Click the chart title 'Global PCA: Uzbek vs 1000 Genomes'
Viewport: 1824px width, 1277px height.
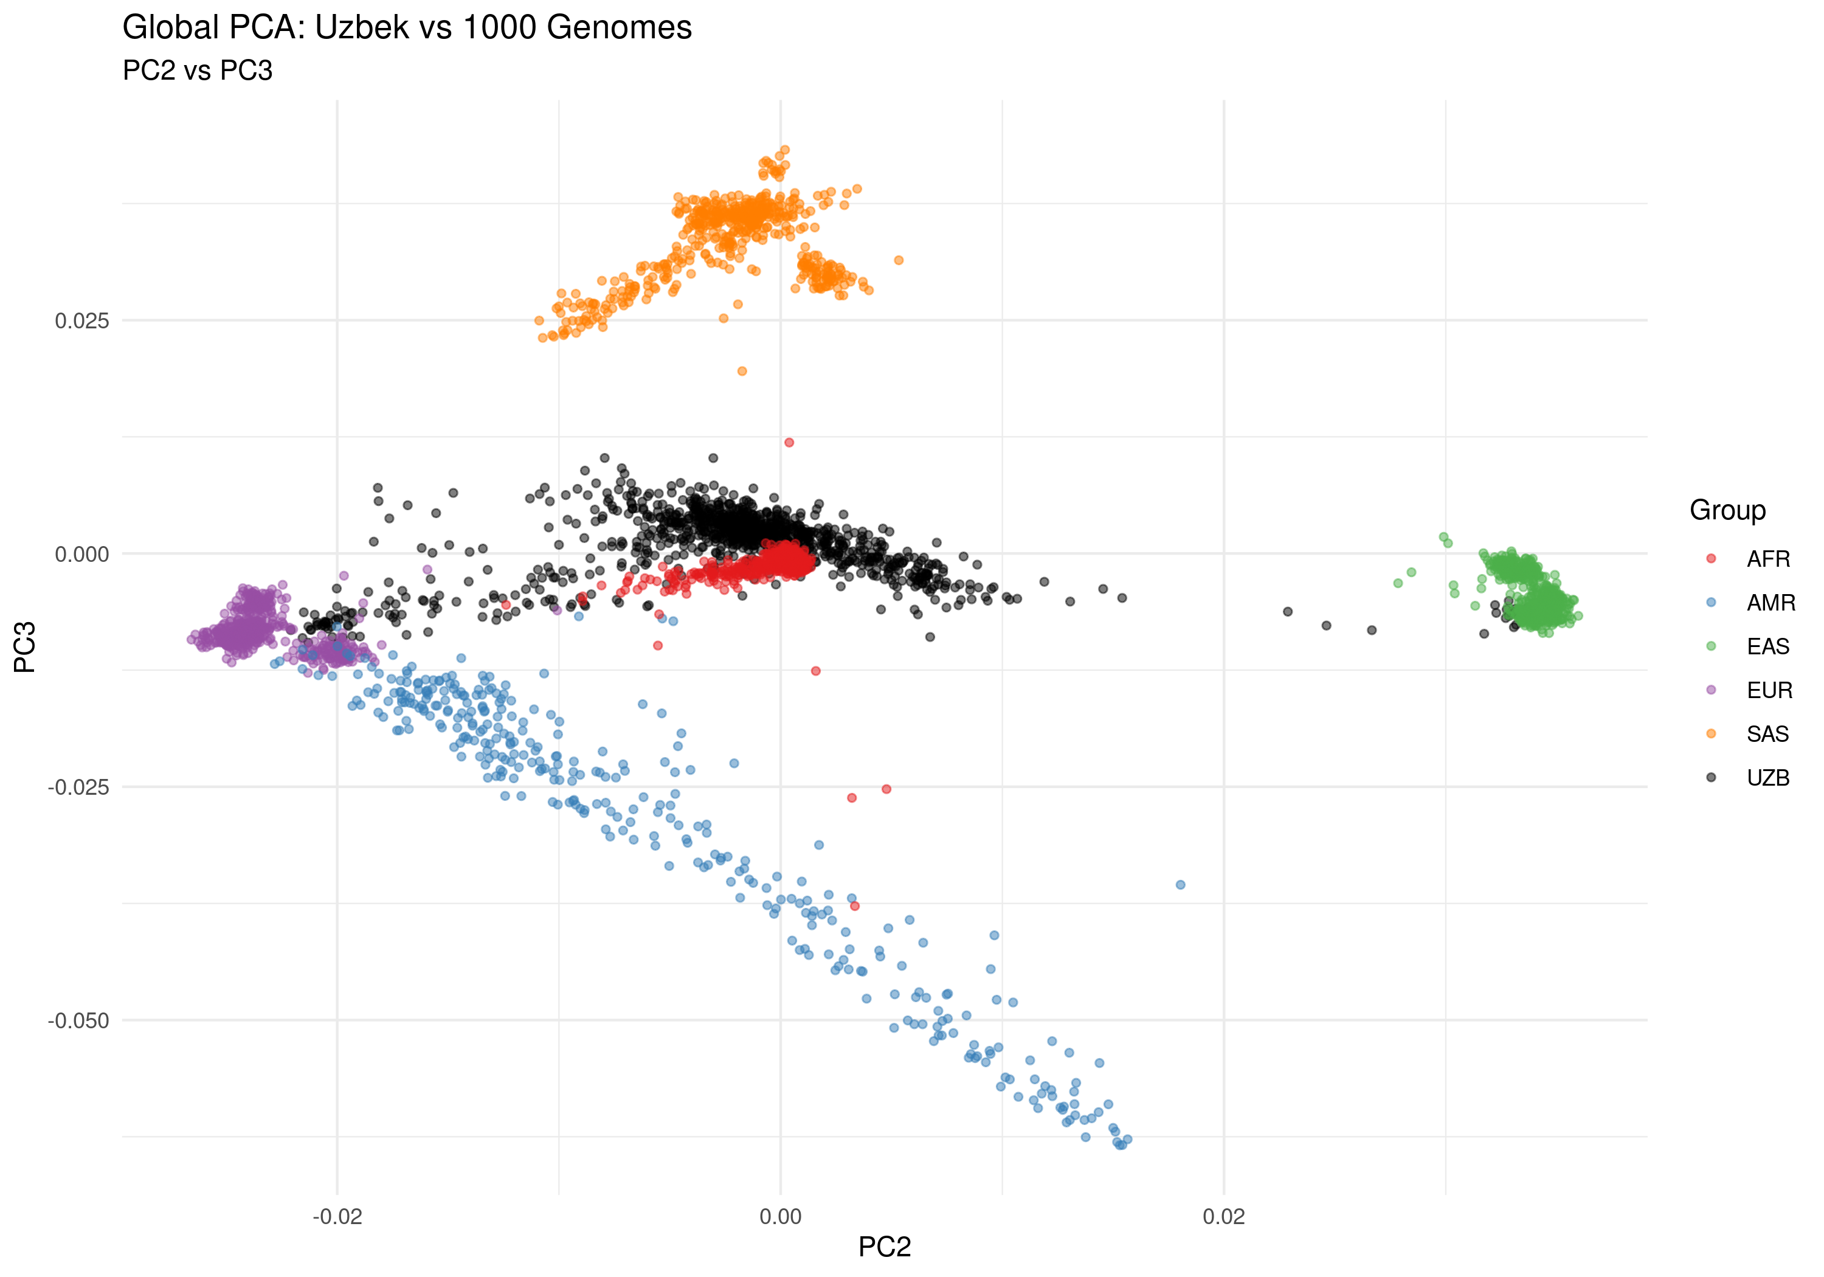pyautogui.click(x=407, y=28)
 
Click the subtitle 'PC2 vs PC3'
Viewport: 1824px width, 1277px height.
pyautogui.click(x=197, y=71)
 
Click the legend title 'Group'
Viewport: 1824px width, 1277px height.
pyautogui.click(x=1727, y=510)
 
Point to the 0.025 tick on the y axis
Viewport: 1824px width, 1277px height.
pyautogui.click(x=82, y=321)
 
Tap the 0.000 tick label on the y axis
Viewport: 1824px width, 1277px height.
pyautogui.click(x=82, y=554)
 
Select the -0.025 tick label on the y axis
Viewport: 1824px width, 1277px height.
pyautogui.click(x=78, y=787)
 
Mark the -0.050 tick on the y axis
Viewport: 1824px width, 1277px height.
pyautogui.click(x=78, y=1020)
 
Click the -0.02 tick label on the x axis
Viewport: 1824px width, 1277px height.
pyautogui.click(x=337, y=1217)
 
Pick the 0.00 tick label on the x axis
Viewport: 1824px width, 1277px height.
pyautogui.click(x=780, y=1217)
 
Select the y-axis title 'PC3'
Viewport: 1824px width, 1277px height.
pyautogui.click(x=26, y=647)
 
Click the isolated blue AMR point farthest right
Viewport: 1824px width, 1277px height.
pyautogui.click(x=1181, y=884)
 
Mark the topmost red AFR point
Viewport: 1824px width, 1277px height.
pyautogui.click(x=789, y=443)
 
